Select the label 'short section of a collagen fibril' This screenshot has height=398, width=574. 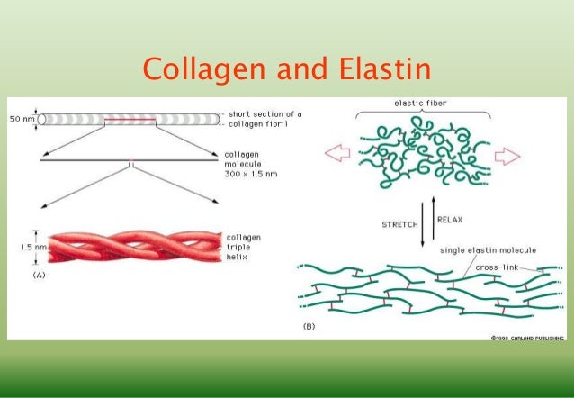[x=265, y=119]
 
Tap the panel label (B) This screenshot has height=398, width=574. [x=308, y=325]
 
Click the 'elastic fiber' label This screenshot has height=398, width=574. [x=421, y=104]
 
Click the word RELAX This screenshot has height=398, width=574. [x=449, y=218]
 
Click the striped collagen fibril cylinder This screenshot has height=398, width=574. [x=130, y=119]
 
